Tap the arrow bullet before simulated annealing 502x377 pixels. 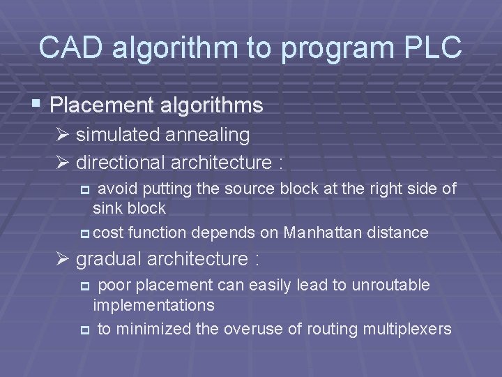(x=64, y=134)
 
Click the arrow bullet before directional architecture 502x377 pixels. (x=64, y=163)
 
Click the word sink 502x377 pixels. (x=107, y=207)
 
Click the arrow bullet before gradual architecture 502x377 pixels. (x=64, y=259)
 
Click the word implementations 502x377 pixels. (x=153, y=305)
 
